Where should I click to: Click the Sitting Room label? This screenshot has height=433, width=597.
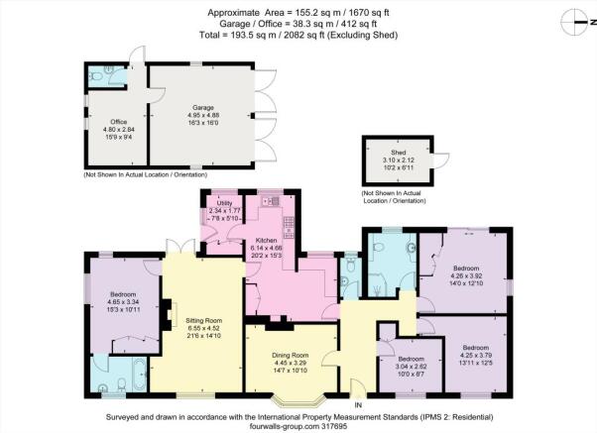click(203, 320)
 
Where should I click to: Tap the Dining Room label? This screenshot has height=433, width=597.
click(291, 356)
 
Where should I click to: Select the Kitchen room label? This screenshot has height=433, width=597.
click(266, 241)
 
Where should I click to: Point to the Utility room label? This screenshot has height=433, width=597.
click(224, 203)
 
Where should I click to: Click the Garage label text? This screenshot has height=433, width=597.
click(203, 108)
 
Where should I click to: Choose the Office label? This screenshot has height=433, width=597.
click(119, 122)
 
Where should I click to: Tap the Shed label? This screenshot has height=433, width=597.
click(399, 153)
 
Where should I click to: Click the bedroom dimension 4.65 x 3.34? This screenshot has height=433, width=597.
click(123, 302)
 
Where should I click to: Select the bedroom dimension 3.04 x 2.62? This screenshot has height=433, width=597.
click(412, 367)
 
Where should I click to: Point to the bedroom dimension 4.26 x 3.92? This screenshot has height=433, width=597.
click(466, 275)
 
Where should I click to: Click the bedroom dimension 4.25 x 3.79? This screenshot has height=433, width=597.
click(476, 356)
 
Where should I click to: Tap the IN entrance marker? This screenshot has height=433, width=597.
click(358, 405)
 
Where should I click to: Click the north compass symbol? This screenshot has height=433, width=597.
click(578, 22)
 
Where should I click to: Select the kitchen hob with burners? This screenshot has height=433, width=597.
click(289, 228)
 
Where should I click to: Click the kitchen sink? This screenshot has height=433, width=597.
click(271, 201)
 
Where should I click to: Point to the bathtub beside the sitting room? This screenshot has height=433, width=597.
click(140, 374)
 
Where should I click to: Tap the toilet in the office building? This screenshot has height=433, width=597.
click(97, 76)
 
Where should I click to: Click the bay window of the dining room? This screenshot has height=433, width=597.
click(299, 400)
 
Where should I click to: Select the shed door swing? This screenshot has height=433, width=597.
click(441, 161)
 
